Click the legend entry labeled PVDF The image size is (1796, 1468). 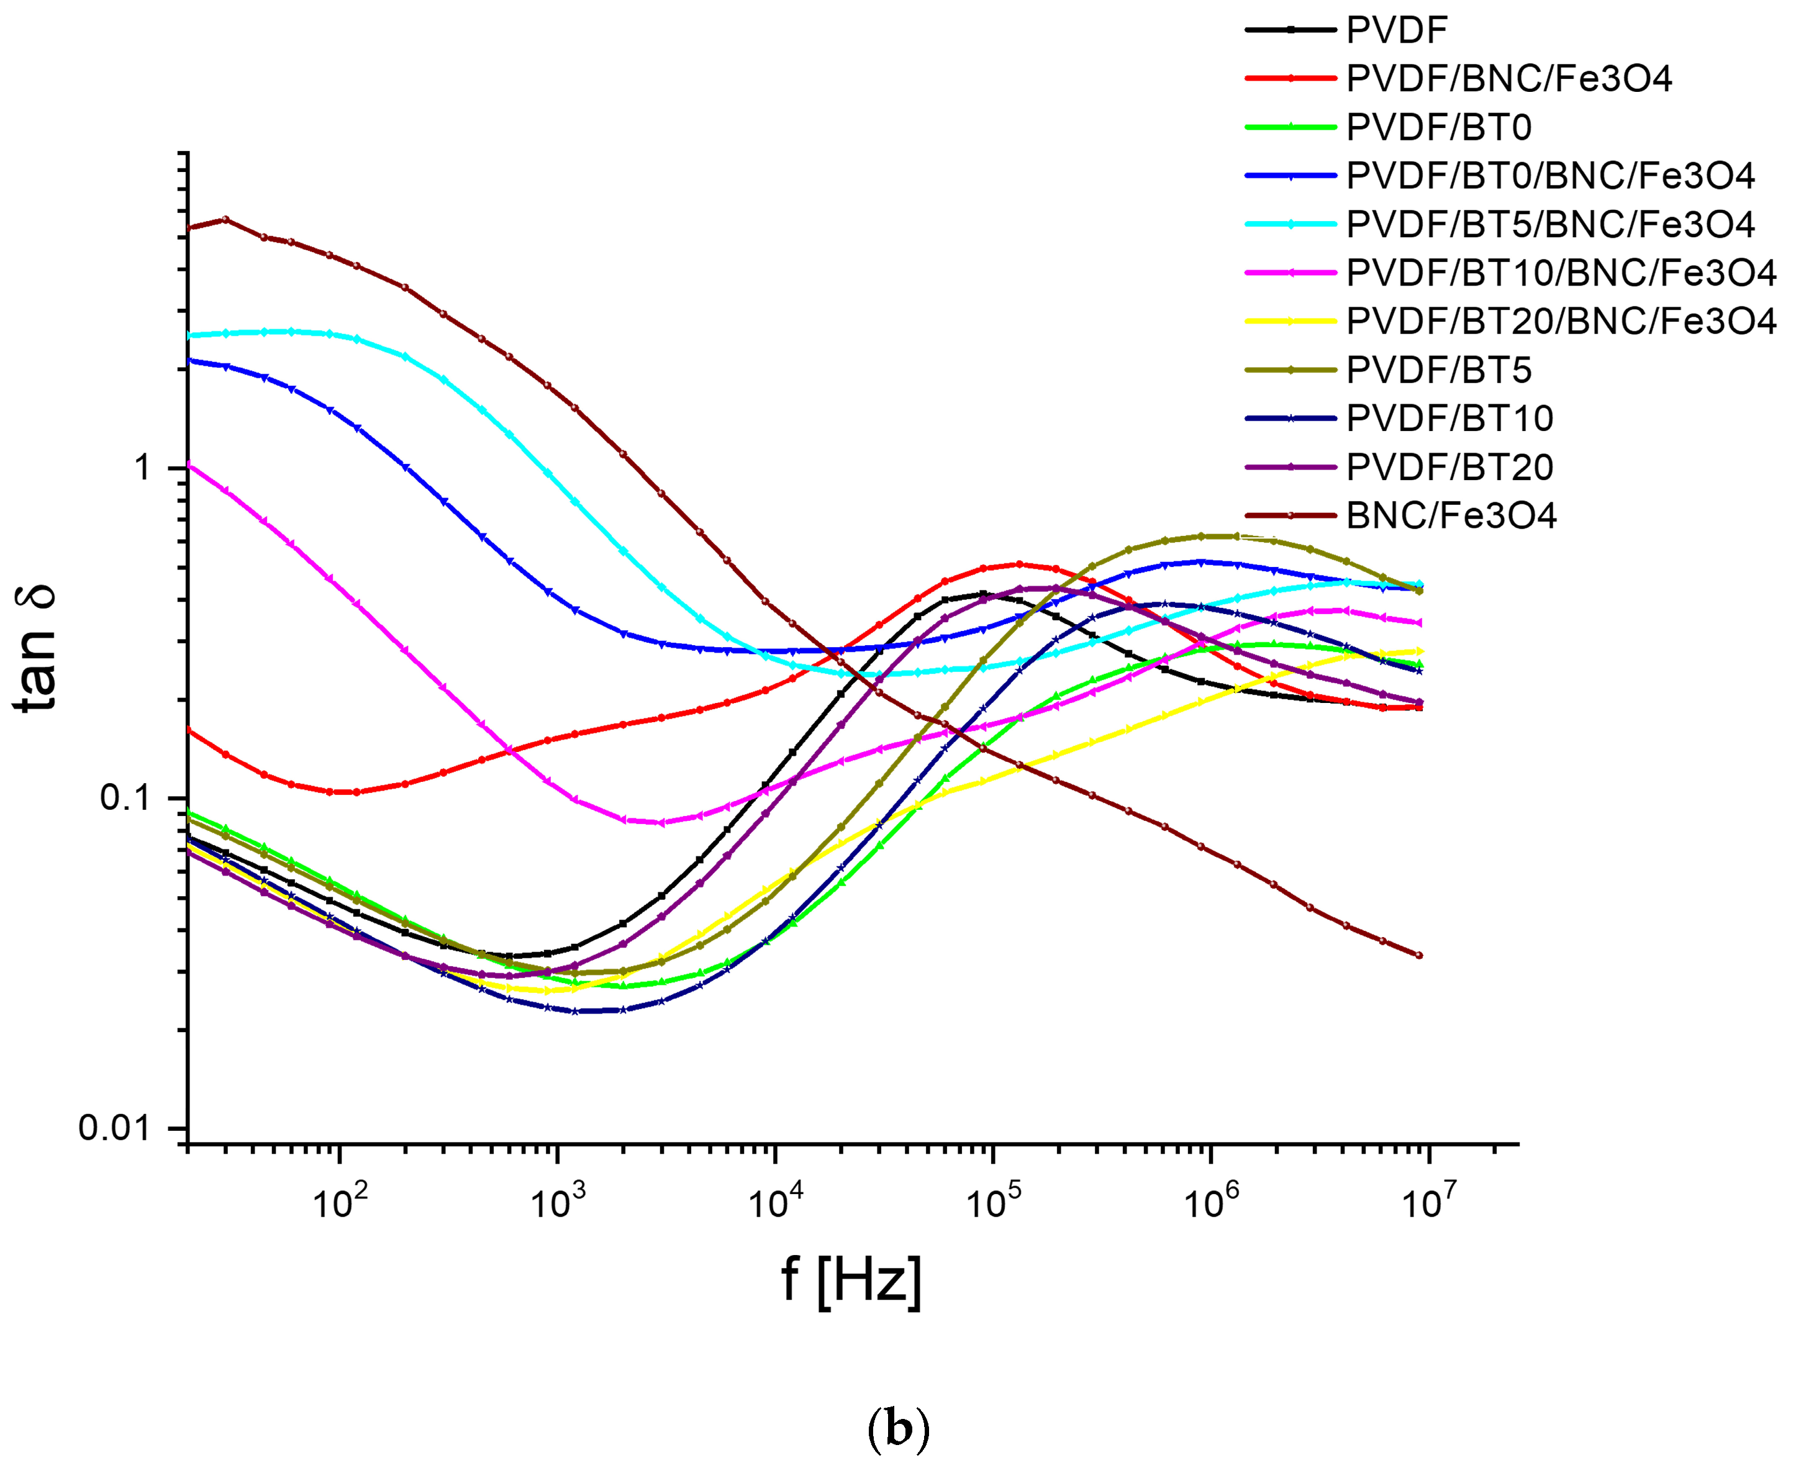coord(1396,30)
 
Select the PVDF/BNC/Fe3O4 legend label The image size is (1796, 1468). coord(1508,79)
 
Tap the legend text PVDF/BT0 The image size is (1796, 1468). coord(1438,128)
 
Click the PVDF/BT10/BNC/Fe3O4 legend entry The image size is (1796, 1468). coord(1560,273)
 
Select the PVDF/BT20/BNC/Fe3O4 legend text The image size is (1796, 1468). coord(1560,321)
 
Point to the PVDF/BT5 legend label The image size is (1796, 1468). coord(1438,370)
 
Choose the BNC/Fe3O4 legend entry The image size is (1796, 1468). coord(1451,516)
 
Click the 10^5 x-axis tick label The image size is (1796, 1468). coord(992,1202)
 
